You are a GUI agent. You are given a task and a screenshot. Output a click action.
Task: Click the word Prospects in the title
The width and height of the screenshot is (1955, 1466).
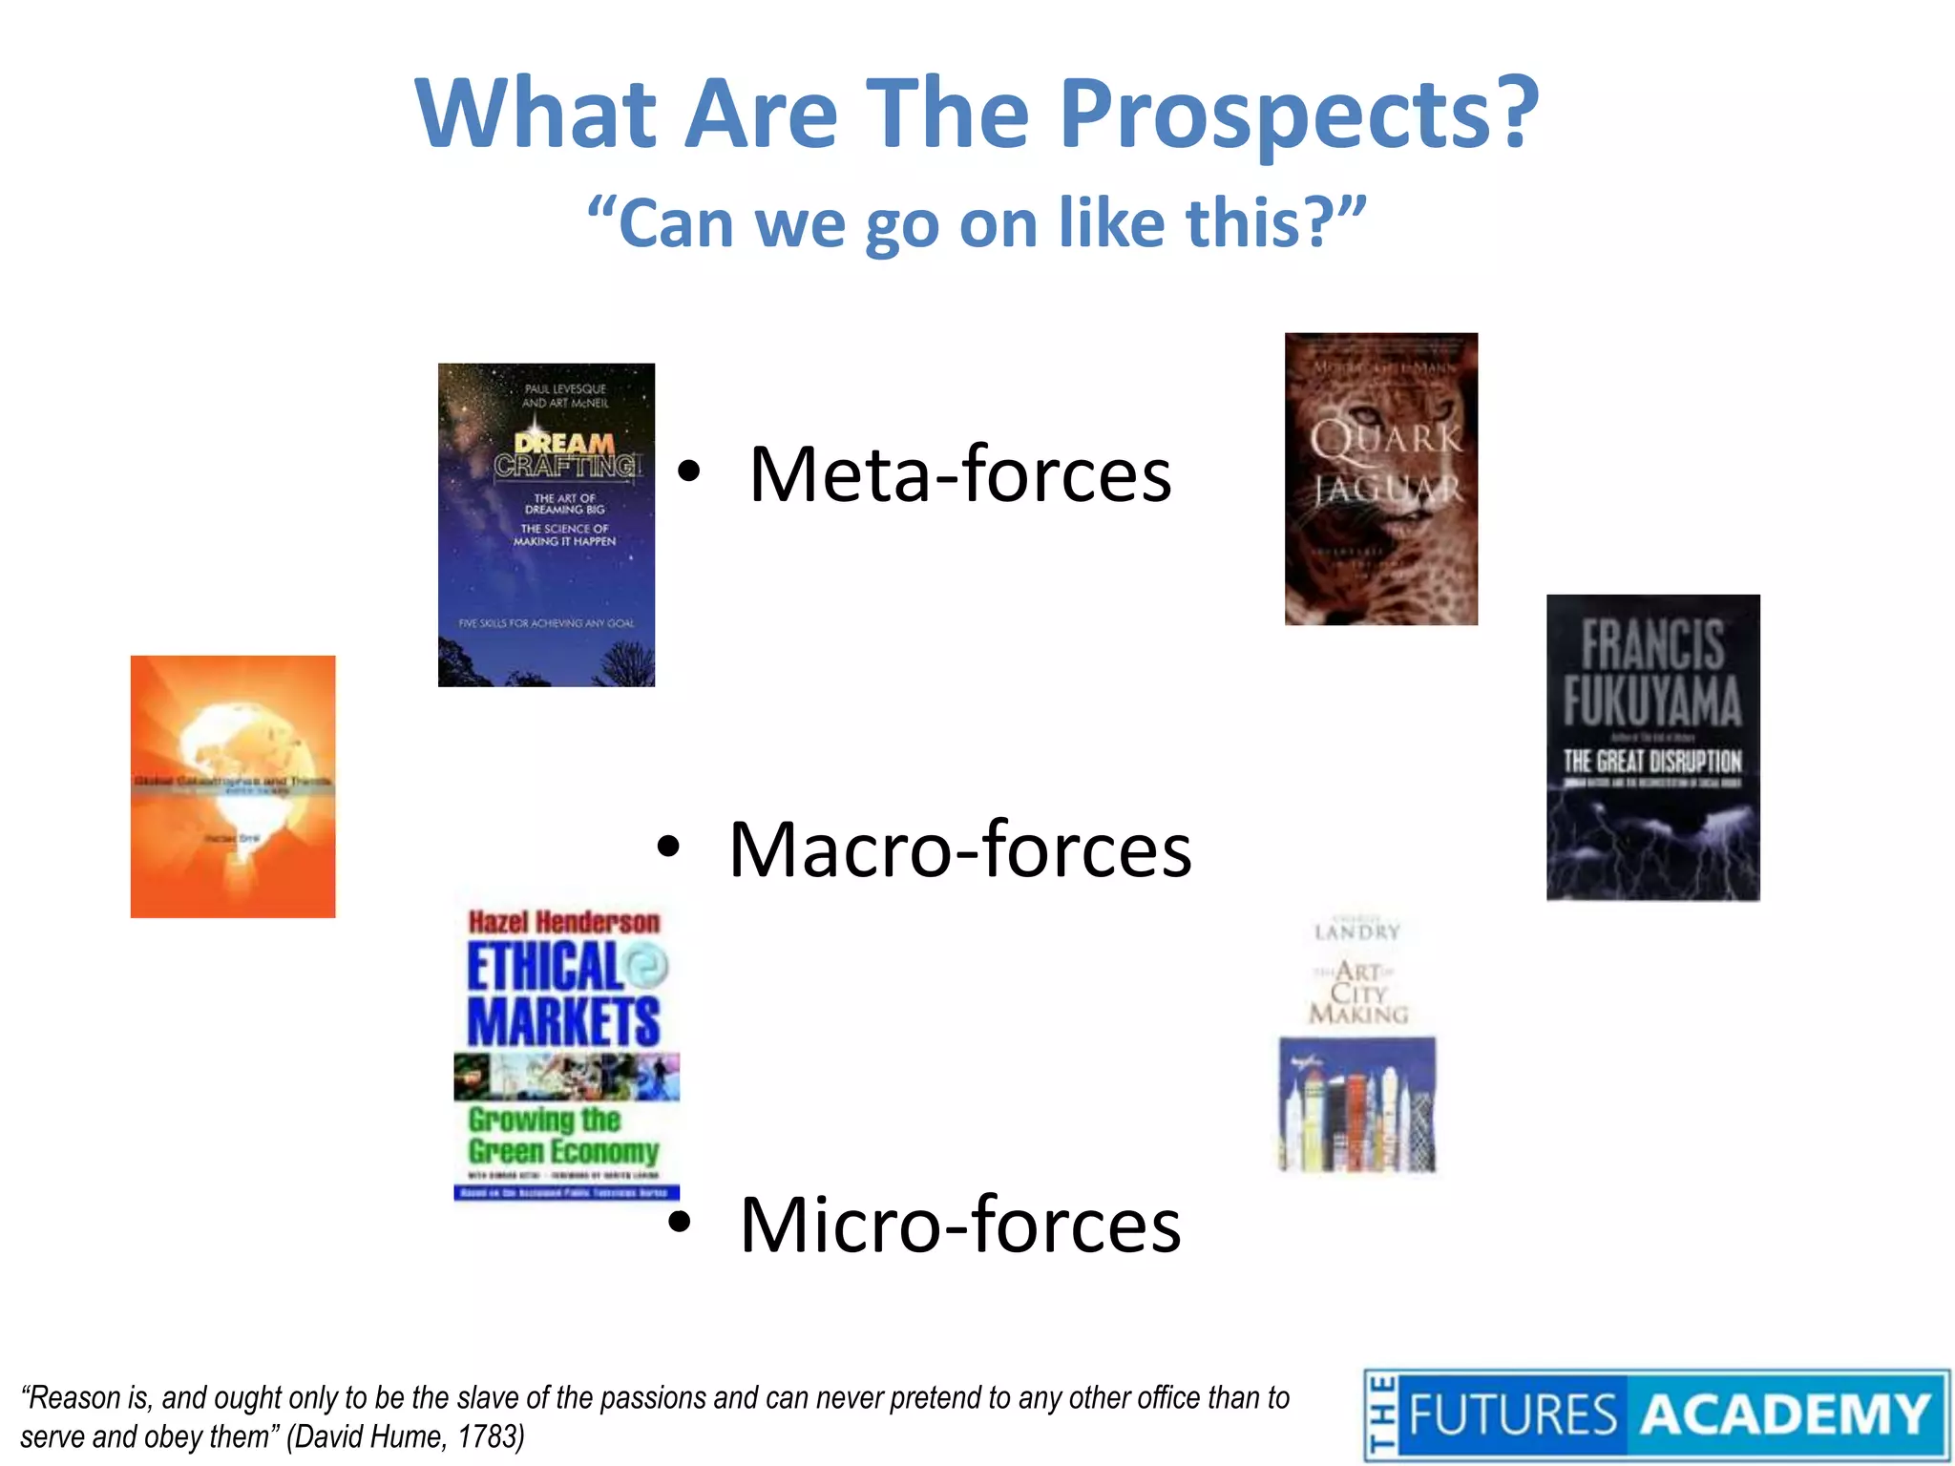pyautogui.click(x=1298, y=115)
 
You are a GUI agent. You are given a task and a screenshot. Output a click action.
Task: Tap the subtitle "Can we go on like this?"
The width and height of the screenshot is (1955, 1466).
pyautogui.click(x=977, y=222)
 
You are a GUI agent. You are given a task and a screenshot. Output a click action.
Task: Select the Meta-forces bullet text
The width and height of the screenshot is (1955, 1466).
pyautogui.click(x=959, y=474)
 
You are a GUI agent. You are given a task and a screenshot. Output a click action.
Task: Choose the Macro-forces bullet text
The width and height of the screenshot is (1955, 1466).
pyautogui.click(x=959, y=849)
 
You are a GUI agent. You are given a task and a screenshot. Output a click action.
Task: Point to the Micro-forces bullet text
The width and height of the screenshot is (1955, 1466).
pyautogui.click(x=959, y=1225)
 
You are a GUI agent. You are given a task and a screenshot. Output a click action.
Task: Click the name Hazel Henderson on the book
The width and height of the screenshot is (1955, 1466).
pyautogui.click(x=564, y=922)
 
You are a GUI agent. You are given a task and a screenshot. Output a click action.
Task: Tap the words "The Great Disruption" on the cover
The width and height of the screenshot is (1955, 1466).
pyautogui.click(x=1652, y=761)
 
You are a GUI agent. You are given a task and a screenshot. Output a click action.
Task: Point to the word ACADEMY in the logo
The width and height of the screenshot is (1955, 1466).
pyautogui.click(x=1785, y=1414)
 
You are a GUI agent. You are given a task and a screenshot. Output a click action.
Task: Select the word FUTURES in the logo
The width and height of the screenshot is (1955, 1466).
pyautogui.click(x=1513, y=1414)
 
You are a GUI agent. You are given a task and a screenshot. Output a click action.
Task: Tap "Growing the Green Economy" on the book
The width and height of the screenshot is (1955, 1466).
pyautogui.click(x=563, y=1136)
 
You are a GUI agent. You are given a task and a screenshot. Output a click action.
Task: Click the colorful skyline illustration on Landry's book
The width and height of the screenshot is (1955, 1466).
pyautogui.click(x=1356, y=1107)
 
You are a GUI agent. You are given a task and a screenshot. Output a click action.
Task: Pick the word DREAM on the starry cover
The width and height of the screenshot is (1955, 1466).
pyautogui.click(x=564, y=444)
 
